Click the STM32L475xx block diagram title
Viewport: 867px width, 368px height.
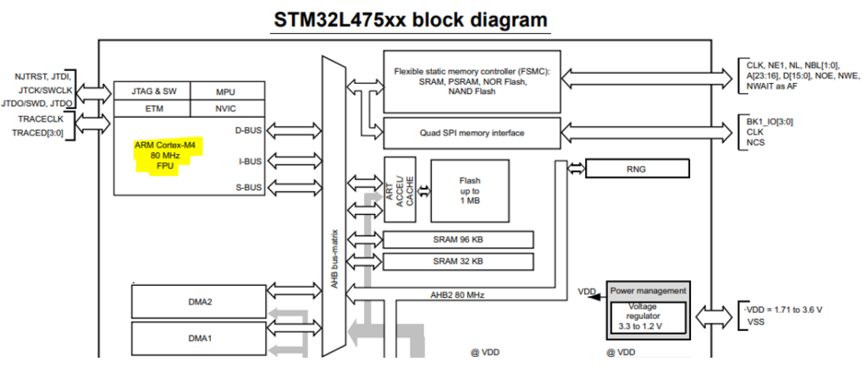[411, 19]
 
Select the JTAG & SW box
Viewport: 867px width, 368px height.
[152, 91]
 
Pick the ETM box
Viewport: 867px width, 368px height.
[152, 109]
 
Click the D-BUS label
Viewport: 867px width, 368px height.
[248, 131]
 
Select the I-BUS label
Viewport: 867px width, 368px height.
[250, 162]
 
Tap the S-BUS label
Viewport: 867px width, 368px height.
[248, 187]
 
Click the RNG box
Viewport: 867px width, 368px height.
[637, 168]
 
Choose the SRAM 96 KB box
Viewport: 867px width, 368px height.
[458, 239]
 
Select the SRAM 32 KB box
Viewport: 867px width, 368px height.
[458, 261]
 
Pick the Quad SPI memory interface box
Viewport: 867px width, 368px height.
[472, 133]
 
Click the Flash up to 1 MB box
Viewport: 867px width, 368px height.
[469, 190]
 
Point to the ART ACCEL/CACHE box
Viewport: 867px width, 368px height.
[400, 189]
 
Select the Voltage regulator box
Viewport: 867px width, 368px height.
[648, 317]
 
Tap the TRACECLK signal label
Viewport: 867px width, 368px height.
[41, 118]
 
